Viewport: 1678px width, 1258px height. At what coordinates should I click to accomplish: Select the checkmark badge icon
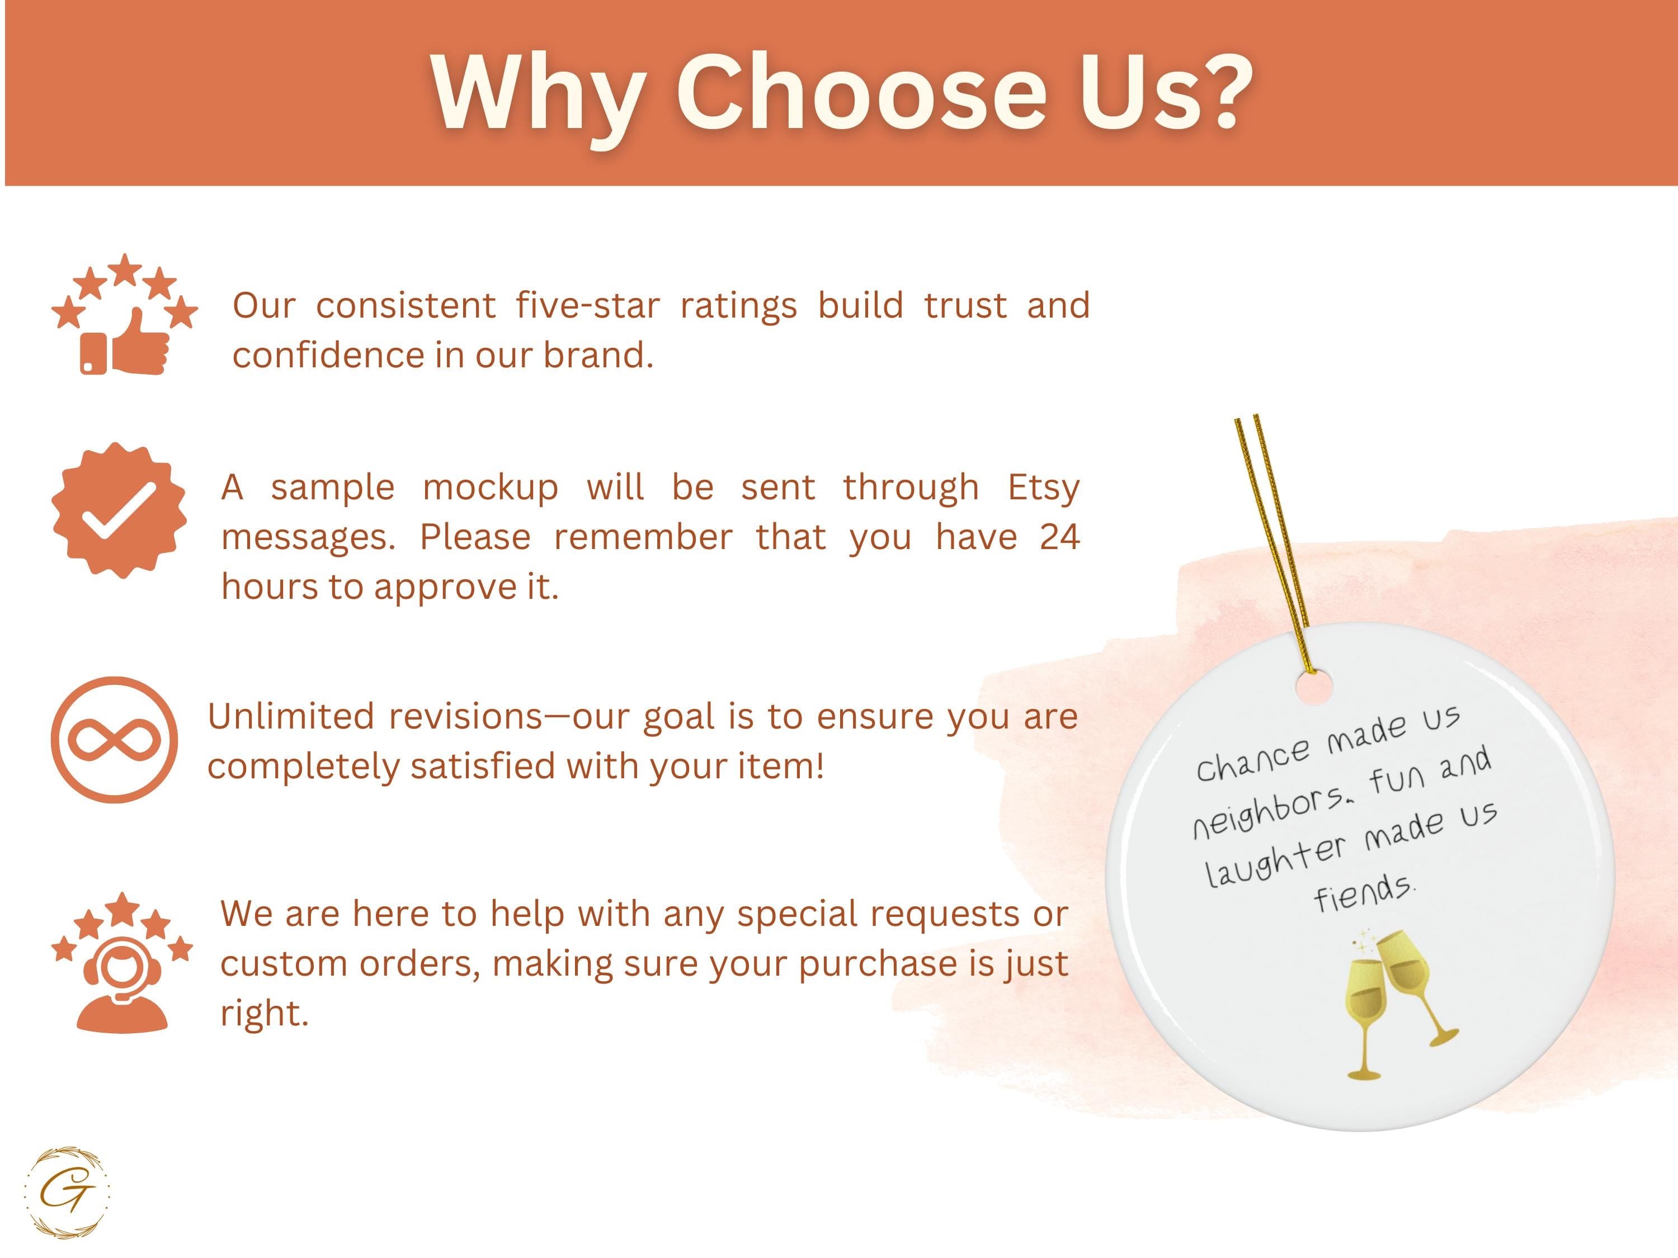119,509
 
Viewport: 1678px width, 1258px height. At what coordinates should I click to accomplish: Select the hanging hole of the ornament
1313,688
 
